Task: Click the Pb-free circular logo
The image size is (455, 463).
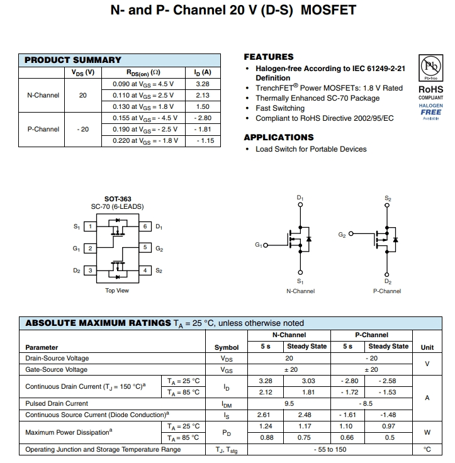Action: [x=431, y=67]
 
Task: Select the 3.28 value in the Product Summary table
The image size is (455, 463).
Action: [x=203, y=84]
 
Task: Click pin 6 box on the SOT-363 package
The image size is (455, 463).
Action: [x=145, y=226]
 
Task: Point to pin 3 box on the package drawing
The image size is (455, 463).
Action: [x=90, y=271]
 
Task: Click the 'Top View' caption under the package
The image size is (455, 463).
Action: [x=117, y=291]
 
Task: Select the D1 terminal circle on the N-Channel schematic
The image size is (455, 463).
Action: [x=300, y=205]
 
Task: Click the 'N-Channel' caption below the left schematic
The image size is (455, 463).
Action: [x=300, y=291]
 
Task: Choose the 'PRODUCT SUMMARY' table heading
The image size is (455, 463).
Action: [x=73, y=60]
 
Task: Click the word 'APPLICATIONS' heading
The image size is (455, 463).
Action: [x=278, y=137]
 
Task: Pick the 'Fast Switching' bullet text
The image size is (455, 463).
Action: [x=280, y=108]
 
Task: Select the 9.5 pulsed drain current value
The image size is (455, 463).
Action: [x=289, y=403]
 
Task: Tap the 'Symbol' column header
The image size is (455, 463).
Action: [x=227, y=347]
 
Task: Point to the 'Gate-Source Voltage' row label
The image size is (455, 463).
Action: [x=57, y=369]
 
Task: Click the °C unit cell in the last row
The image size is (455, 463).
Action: [x=427, y=449]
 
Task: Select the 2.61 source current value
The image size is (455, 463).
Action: [x=265, y=415]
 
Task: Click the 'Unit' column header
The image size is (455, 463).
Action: [x=427, y=347]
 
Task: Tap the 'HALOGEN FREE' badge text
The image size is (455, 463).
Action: [x=431, y=109]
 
